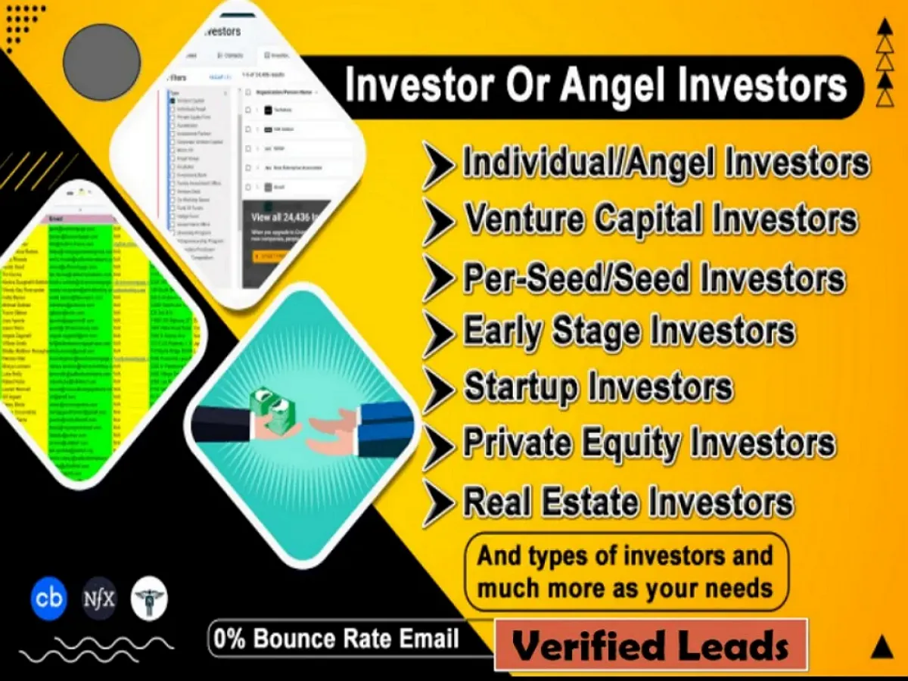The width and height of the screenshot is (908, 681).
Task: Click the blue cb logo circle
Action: [48, 598]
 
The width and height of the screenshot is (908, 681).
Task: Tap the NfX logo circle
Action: [99, 598]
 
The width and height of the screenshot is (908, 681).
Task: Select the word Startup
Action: [521, 387]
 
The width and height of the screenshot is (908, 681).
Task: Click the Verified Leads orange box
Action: [651, 645]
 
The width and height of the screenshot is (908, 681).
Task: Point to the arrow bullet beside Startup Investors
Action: [438, 389]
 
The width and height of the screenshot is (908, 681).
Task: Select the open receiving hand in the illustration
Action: [333, 429]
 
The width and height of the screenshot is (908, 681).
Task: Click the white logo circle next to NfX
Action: [149, 598]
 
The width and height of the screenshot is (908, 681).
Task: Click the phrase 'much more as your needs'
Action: [625, 588]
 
